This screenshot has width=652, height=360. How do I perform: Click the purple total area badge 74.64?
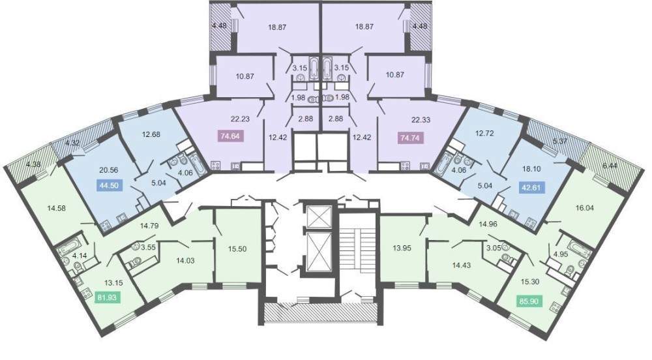[231, 136]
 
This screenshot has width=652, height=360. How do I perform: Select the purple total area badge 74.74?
[410, 138]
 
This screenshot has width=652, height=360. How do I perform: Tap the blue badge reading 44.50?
[110, 185]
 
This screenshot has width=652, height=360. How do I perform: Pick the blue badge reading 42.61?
[533, 187]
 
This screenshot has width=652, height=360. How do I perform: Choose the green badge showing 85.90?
[530, 301]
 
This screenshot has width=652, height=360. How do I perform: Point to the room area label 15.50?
[237, 248]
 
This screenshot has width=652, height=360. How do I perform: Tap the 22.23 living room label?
[241, 119]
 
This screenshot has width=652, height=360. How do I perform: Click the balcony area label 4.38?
[33, 164]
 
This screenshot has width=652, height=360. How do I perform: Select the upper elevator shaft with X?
[318, 216]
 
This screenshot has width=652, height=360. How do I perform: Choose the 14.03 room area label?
[185, 261]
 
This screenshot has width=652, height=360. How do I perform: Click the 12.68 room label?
[151, 134]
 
